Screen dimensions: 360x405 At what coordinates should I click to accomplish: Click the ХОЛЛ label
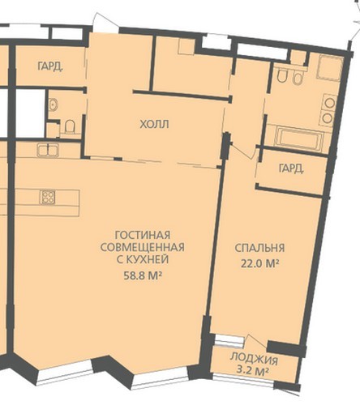point(154,125)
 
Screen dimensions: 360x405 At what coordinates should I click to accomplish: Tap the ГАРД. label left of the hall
point(50,66)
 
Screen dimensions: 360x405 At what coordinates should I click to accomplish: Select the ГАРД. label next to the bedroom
point(291,168)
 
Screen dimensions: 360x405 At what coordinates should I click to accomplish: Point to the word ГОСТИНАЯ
point(143,235)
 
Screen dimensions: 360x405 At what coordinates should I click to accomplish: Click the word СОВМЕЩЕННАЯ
point(143,247)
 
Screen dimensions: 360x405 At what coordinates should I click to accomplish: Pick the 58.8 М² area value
point(143,275)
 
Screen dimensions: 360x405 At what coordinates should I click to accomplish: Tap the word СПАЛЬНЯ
point(259,248)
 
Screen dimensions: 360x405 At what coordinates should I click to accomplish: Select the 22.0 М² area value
point(259,263)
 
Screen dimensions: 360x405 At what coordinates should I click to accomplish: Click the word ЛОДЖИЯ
point(254,359)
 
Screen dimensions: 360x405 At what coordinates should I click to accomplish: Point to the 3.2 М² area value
point(252,371)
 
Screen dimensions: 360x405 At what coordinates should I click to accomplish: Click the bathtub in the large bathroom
point(298,139)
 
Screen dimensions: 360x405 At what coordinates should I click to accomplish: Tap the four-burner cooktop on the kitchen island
point(48,197)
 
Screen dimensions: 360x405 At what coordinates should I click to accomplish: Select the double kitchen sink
point(48,150)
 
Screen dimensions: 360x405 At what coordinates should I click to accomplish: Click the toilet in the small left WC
point(70,126)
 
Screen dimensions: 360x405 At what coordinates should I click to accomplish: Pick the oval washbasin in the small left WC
point(54,104)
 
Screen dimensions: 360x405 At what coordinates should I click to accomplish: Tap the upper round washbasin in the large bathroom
point(329,103)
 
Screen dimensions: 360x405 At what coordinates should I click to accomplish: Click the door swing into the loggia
point(257,341)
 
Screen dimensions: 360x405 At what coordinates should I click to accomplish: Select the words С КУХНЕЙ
point(143,259)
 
